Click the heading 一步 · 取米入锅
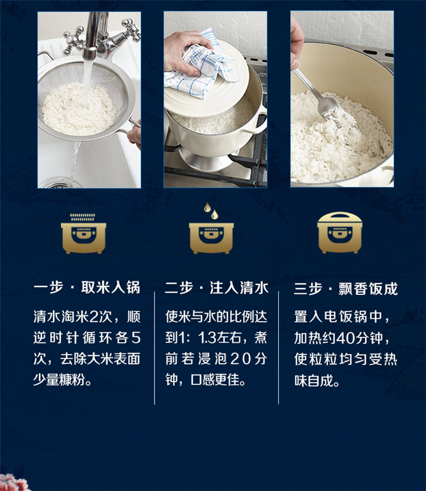(x=87, y=288)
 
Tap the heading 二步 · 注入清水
(x=216, y=288)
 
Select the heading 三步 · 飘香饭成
(x=346, y=288)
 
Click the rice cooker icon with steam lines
(x=83, y=234)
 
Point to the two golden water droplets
(x=211, y=210)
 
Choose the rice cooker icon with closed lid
(x=340, y=232)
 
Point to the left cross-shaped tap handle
(x=73, y=40)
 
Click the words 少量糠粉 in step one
(x=59, y=380)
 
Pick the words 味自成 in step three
(x=314, y=380)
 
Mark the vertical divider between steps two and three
(x=278, y=348)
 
